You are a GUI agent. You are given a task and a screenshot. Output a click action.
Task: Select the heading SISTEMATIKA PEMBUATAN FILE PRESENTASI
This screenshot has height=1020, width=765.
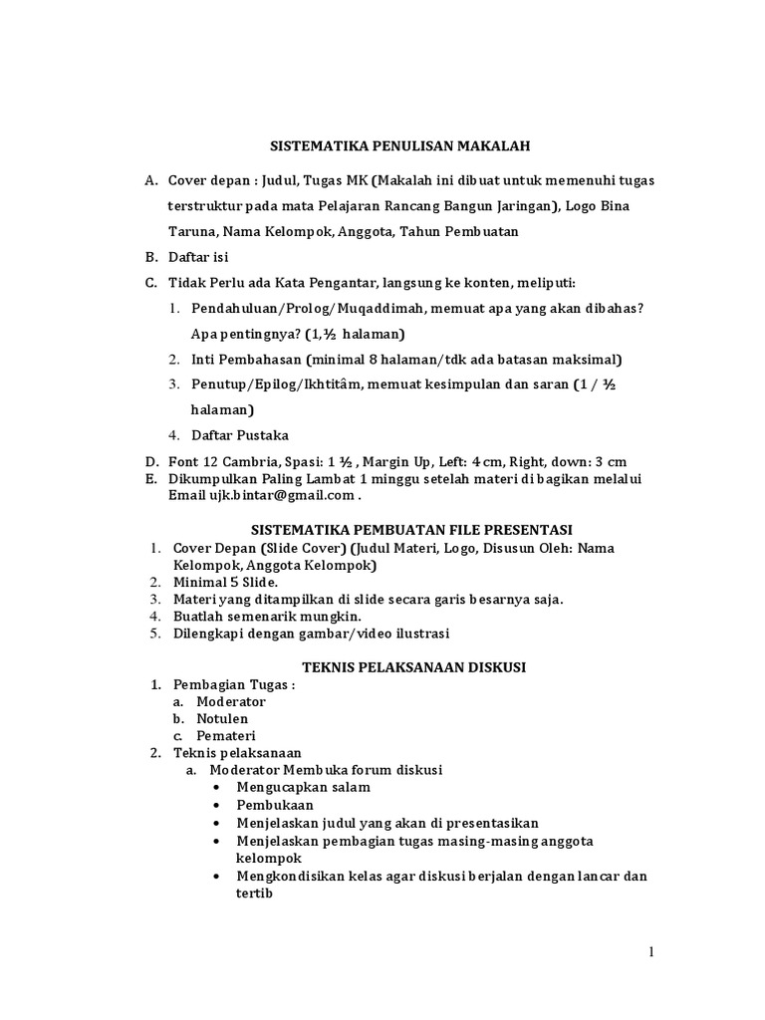tap(410, 528)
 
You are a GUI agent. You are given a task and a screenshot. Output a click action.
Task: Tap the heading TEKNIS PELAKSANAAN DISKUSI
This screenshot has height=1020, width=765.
tap(402, 665)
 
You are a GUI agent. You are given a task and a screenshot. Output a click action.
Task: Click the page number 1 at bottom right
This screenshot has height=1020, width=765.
tap(651, 952)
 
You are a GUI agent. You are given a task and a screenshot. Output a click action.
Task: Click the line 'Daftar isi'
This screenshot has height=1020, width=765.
tap(198, 256)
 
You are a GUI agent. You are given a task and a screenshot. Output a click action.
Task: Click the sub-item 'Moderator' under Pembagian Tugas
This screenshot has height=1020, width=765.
tap(231, 701)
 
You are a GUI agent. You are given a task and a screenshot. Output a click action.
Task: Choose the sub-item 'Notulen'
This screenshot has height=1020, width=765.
tap(222, 718)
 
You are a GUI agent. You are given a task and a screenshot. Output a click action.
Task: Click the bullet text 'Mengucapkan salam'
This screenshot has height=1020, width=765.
tap(303, 787)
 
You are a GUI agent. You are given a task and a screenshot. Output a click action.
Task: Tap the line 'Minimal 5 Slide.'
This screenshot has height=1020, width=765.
tap(226, 582)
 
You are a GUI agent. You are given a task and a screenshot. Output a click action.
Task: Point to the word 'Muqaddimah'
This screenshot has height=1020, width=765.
tap(358, 309)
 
